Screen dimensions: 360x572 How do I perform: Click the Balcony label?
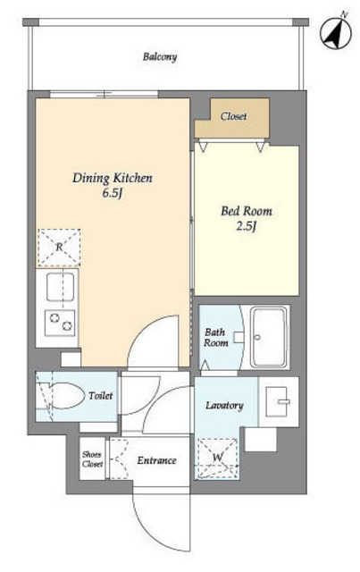pyautogui.click(x=160, y=57)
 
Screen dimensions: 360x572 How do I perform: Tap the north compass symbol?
pyautogui.click(x=336, y=32)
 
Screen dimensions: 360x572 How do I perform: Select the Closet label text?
pyautogui.click(x=233, y=116)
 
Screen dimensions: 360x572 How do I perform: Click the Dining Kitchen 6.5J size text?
pyautogui.click(x=112, y=193)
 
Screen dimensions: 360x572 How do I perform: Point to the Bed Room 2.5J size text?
pyautogui.click(x=247, y=226)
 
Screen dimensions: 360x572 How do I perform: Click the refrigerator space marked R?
pyautogui.click(x=59, y=248)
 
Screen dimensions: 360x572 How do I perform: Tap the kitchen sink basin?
pyautogui.click(x=61, y=287)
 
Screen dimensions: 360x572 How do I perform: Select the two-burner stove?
pyautogui.click(x=60, y=323)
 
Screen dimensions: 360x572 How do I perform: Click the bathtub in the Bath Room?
pyautogui.click(x=270, y=337)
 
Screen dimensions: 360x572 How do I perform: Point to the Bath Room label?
pyautogui.click(x=216, y=338)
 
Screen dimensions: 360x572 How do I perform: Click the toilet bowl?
pyautogui.click(x=64, y=395)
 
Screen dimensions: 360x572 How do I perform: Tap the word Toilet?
pyautogui.click(x=101, y=395)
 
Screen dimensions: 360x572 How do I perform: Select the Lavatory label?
pyautogui.click(x=224, y=405)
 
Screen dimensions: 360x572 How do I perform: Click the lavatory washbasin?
pyautogui.click(x=277, y=401)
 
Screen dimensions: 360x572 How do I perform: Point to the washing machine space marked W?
pyautogui.click(x=218, y=458)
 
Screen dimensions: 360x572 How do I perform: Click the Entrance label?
pyautogui.click(x=156, y=460)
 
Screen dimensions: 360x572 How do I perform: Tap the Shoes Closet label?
pyautogui.click(x=92, y=459)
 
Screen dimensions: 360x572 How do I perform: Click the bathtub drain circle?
pyautogui.click(x=257, y=337)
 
